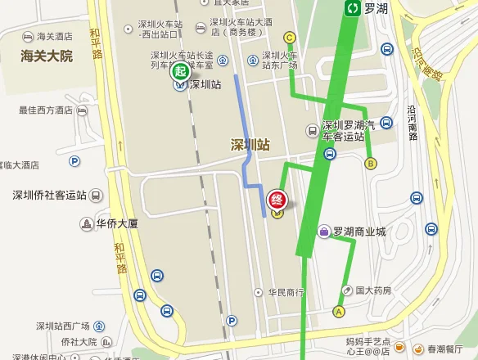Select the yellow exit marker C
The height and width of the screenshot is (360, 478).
coord(289,38)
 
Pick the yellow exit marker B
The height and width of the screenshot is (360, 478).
coord(371,163)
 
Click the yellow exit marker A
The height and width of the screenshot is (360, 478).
coord(339,310)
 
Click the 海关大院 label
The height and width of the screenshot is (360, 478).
coord(47,56)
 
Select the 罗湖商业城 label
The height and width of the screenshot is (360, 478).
coord(358,232)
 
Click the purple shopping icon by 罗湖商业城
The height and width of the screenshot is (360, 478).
coord(324,232)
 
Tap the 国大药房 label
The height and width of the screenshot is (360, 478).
coord(372,290)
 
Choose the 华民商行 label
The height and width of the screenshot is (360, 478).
coord(286,292)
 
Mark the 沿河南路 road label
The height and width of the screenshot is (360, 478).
coord(413,123)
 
